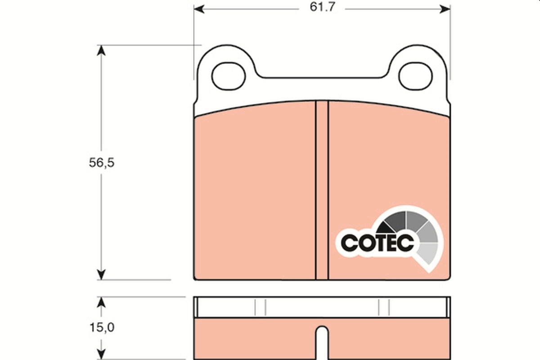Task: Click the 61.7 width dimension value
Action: coord(322,8)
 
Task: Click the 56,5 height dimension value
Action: coord(101,163)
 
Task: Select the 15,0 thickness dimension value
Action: coord(101,328)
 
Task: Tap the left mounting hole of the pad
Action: coord(229,75)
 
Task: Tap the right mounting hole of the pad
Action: coord(415,75)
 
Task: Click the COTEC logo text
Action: coord(377,243)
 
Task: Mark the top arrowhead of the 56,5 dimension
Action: coord(101,50)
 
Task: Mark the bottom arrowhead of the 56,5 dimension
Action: coord(101,274)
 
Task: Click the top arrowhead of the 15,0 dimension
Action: coord(101,301)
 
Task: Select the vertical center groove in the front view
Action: coord(322,189)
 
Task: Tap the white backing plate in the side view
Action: coord(322,308)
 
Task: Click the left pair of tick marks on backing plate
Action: coord(260,307)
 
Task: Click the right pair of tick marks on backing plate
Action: coord(384,307)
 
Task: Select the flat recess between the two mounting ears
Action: coord(322,83)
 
